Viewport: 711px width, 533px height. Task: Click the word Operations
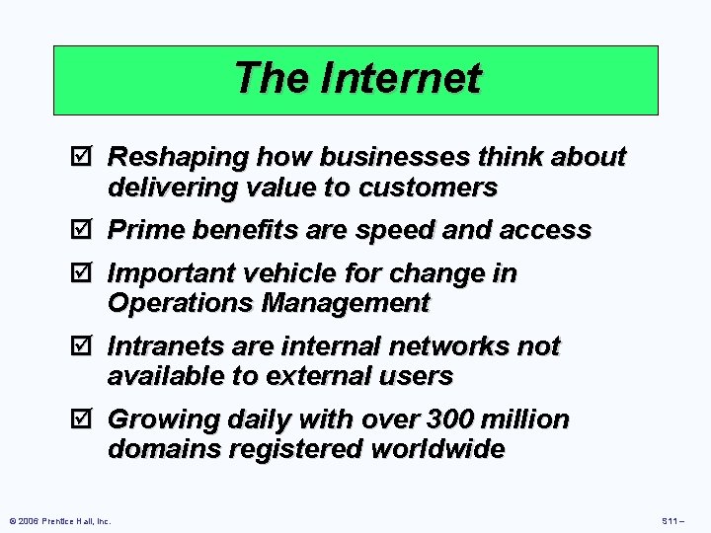(x=180, y=303)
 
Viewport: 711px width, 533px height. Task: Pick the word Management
(x=345, y=303)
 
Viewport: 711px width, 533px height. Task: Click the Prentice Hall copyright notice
(x=59, y=520)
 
